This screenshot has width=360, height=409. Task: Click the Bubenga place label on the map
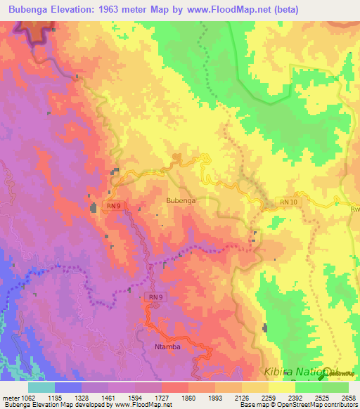point(181,200)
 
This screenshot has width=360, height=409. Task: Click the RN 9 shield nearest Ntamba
point(155,298)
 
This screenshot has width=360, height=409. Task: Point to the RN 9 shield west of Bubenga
point(115,205)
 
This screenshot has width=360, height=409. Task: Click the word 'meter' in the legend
point(10,397)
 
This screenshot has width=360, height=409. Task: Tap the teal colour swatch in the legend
point(41,387)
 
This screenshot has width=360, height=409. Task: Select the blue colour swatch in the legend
point(68,387)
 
